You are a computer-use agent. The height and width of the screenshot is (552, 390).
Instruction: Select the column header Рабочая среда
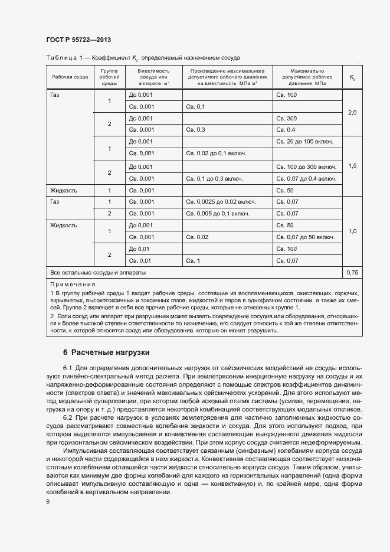tap(70, 77)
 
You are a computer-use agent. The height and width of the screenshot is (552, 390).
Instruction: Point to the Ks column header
tap(352, 77)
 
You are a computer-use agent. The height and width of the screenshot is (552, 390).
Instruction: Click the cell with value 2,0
tap(352, 112)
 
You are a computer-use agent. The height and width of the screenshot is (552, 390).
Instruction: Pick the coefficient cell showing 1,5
tap(352, 166)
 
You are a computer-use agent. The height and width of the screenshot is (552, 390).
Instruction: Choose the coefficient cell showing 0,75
tap(352, 273)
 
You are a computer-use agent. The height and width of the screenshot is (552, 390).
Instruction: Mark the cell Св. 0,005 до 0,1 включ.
tap(217, 213)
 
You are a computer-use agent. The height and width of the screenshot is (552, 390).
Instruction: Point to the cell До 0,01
tap(140, 249)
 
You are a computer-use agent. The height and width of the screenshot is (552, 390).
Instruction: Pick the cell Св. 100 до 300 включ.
tap(306, 166)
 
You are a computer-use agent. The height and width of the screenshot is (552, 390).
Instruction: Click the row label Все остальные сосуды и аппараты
tap(98, 273)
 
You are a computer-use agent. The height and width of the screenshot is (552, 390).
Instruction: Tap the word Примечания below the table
tap(73, 284)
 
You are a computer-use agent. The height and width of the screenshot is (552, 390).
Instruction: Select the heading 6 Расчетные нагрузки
tap(106, 352)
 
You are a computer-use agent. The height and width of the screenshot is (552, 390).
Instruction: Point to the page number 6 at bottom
tap(48, 501)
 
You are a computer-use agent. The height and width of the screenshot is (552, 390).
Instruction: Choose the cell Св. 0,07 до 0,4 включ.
tap(304, 178)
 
